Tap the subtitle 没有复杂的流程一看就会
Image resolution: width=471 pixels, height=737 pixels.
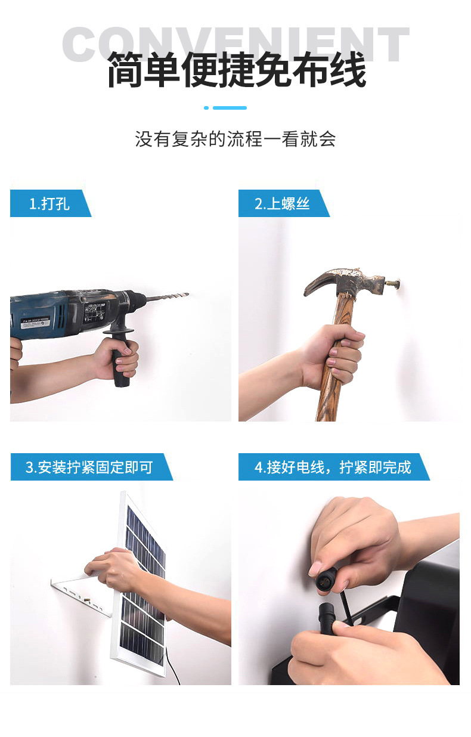pos(235,140)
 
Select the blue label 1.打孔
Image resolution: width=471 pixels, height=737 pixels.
pos(49,204)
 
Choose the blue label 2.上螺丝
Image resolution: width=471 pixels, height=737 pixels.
pos(283,204)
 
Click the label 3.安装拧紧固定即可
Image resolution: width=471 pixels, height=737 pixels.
pos(89,467)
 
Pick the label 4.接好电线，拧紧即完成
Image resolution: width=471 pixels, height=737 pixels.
pos(333,467)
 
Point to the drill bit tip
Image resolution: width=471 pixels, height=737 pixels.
pos(186,295)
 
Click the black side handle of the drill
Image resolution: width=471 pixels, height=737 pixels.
pos(119,358)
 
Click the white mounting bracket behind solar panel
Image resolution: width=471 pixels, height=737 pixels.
pos(83,590)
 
